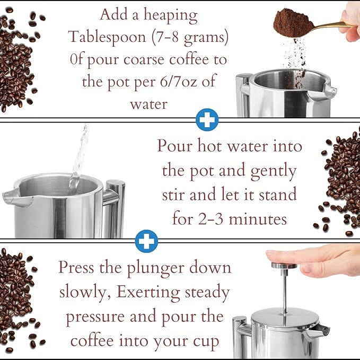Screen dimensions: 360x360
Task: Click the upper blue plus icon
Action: (207, 120)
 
